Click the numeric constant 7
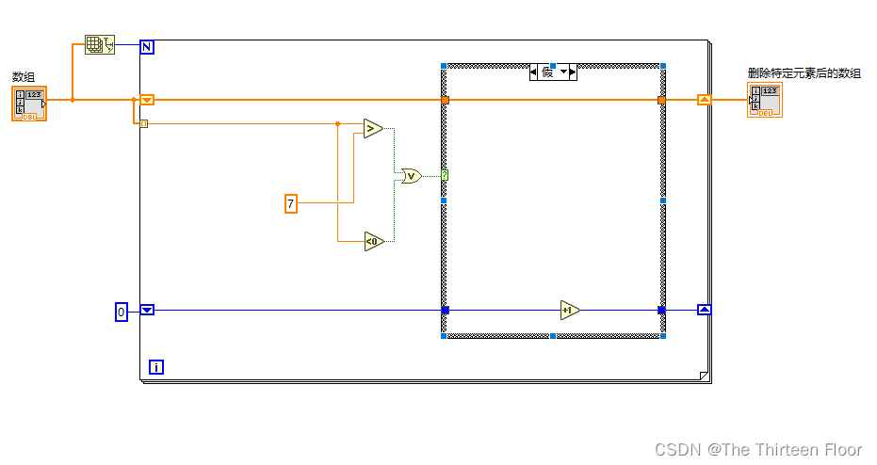coord(291,203)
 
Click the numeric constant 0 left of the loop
coord(121,312)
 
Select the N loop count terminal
coord(147,46)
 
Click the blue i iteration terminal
coord(156,367)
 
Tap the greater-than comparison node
coord(372,129)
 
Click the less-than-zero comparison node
coord(373,242)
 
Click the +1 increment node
coord(568,310)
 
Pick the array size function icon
coord(97,44)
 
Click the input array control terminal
coord(29,103)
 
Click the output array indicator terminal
coord(765,100)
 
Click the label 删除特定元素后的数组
coord(804,72)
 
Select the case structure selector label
coord(552,72)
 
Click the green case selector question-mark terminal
coord(445,175)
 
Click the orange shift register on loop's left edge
coord(147,100)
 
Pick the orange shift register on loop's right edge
coord(704,100)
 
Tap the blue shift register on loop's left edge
coord(147,310)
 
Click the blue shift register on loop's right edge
coord(704,310)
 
